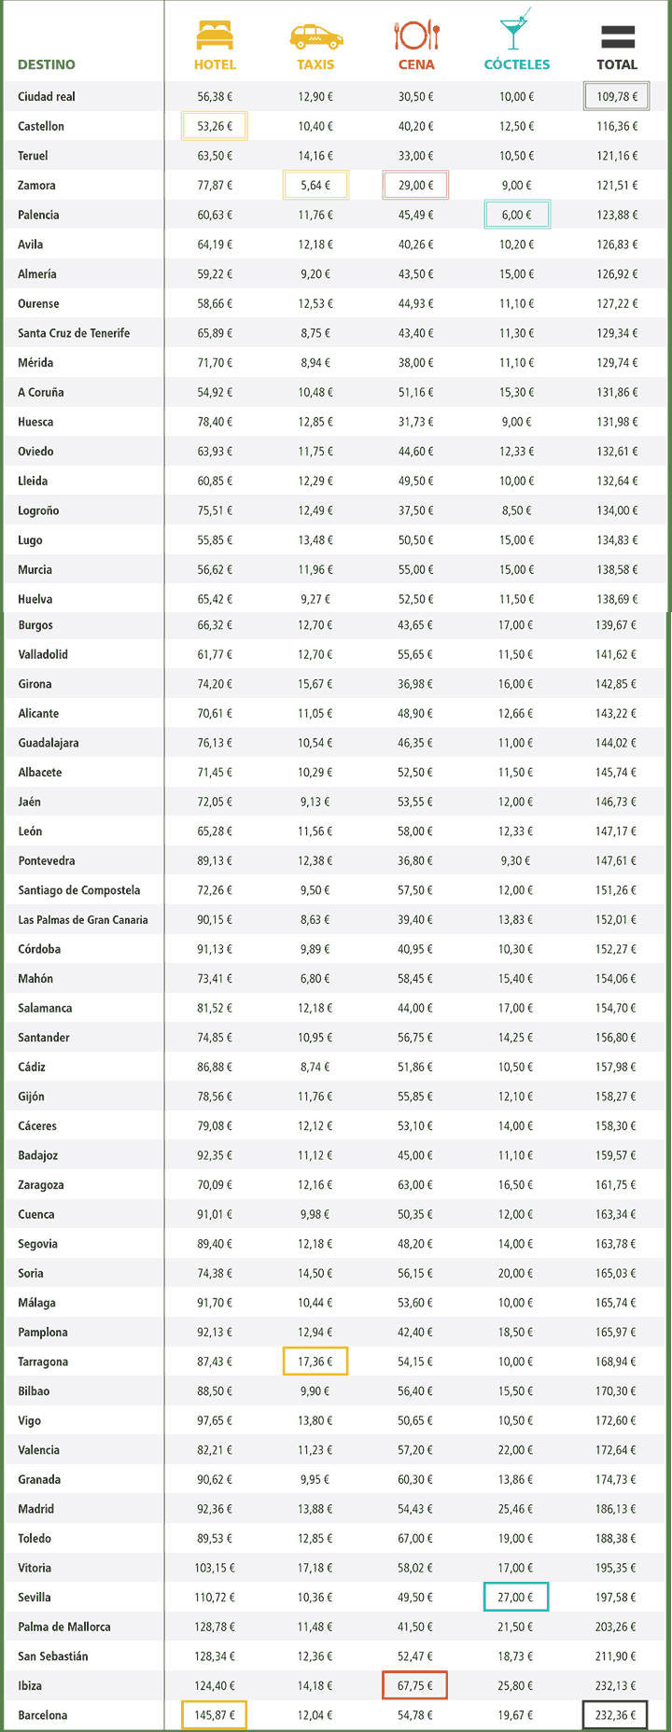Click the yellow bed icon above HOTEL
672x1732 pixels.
click(x=215, y=35)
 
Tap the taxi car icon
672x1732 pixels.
click(x=315, y=36)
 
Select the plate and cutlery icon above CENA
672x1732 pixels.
click(x=416, y=35)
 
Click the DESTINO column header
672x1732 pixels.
click(x=47, y=64)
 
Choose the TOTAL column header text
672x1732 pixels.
click(x=617, y=64)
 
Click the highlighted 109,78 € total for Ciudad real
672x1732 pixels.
click(x=617, y=97)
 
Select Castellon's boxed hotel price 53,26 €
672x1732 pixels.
click(x=215, y=126)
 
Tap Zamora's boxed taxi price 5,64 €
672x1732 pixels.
click(x=315, y=185)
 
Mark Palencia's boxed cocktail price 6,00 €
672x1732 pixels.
click(x=517, y=215)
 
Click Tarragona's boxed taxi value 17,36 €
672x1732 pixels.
click(x=315, y=1362)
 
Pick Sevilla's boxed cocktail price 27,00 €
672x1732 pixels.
click(x=516, y=1597)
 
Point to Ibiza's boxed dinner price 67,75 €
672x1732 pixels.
click(x=415, y=1685)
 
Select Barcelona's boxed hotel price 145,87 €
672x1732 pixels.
click(x=215, y=1715)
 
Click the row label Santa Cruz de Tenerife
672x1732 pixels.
click(x=74, y=333)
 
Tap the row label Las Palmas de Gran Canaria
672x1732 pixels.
click(x=83, y=920)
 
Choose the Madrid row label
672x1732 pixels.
click(x=36, y=1509)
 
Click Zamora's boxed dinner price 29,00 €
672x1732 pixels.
click(x=415, y=185)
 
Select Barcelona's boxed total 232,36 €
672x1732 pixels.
click(x=615, y=1715)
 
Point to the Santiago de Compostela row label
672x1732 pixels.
click(x=79, y=890)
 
